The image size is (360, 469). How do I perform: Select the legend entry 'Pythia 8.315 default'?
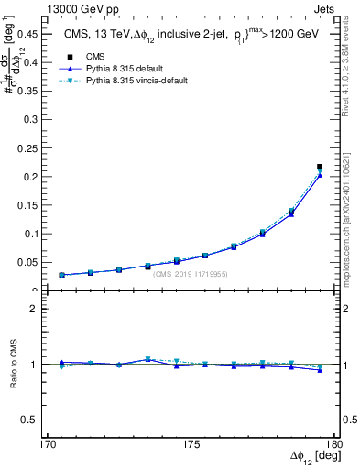(115, 69)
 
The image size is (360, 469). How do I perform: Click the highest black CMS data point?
(320, 167)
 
